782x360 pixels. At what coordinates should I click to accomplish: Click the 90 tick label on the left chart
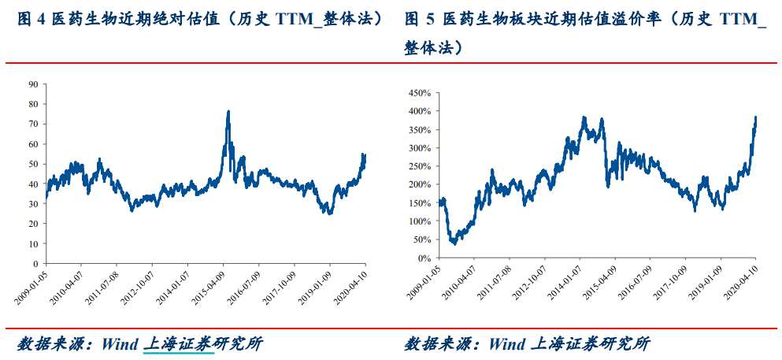pyautogui.click(x=33, y=84)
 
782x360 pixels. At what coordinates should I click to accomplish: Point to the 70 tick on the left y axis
pyautogui.click(x=33, y=124)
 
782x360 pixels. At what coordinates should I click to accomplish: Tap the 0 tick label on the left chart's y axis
pyautogui.click(x=36, y=264)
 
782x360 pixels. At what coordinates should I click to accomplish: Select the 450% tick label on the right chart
pyautogui.click(x=420, y=93)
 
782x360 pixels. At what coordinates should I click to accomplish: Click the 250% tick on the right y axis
pyautogui.click(x=420, y=166)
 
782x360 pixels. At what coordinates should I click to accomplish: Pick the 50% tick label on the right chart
pyautogui.click(x=421, y=239)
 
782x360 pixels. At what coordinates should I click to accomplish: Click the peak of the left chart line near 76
pyautogui.click(x=228, y=111)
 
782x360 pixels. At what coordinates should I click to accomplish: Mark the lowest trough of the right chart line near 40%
pyautogui.click(x=454, y=243)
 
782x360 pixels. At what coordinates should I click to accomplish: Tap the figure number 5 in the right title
pyautogui.click(x=429, y=20)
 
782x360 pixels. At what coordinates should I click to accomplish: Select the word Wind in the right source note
pyautogui.click(x=506, y=344)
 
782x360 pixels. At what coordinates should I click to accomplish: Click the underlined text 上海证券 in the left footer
pyautogui.click(x=179, y=344)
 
